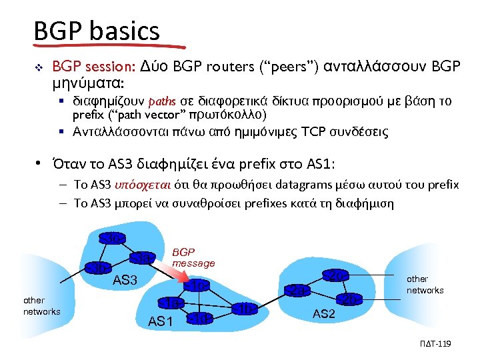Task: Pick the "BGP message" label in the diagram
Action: click(x=193, y=258)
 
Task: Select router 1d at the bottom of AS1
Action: click(x=200, y=318)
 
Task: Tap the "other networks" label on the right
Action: click(x=425, y=285)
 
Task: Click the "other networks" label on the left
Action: click(x=41, y=306)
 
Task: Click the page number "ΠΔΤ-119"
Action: click(x=437, y=343)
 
